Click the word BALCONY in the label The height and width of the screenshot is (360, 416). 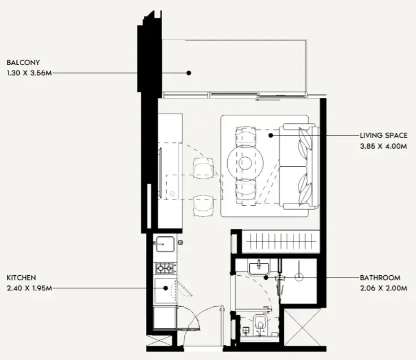[23, 63]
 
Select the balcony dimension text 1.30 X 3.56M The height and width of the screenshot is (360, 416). [29, 73]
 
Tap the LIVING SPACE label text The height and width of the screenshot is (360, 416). [383, 136]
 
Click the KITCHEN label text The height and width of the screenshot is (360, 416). [21, 278]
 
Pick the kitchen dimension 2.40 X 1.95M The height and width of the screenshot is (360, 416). [29, 288]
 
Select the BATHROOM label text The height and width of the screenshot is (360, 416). [380, 278]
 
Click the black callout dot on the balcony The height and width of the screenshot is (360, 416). [189, 73]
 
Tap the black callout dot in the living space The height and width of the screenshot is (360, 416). [271, 136]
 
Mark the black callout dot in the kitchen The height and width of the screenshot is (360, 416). [166, 288]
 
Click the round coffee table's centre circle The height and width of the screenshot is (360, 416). [245, 163]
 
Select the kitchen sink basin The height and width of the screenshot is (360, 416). [166, 245]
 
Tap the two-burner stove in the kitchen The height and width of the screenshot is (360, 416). [164, 268]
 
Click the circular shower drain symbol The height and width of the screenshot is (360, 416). [299, 277]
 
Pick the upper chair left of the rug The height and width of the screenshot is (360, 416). [203, 168]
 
